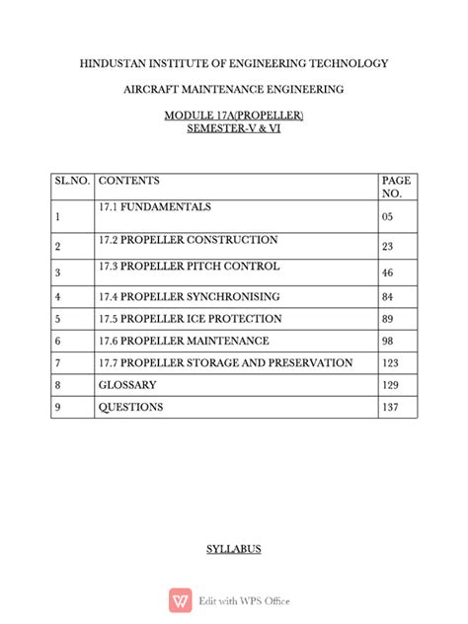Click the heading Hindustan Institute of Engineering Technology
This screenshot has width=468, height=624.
[x=233, y=63]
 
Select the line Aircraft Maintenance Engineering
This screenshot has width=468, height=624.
[x=233, y=90]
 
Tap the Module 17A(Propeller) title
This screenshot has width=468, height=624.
[x=233, y=117]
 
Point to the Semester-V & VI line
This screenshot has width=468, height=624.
[x=233, y=130]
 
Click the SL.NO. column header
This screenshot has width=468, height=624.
[x=72, y=182]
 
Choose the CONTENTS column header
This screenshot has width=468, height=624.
[x=129, y=182]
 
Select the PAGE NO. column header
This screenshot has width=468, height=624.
[x=395, y=188]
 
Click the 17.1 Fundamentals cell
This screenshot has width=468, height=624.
[x=155, y=207]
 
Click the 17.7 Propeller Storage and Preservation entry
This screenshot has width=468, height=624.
[x=225, y=363]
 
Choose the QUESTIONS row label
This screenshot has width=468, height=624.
[x=130, y=407]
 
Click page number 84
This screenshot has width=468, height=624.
[x=387, y=297]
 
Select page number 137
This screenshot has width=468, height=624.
[x=390, y=408]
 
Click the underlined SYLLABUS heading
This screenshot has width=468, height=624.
[x=233, y=548]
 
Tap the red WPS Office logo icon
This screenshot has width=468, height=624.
[x=181, y=600]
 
